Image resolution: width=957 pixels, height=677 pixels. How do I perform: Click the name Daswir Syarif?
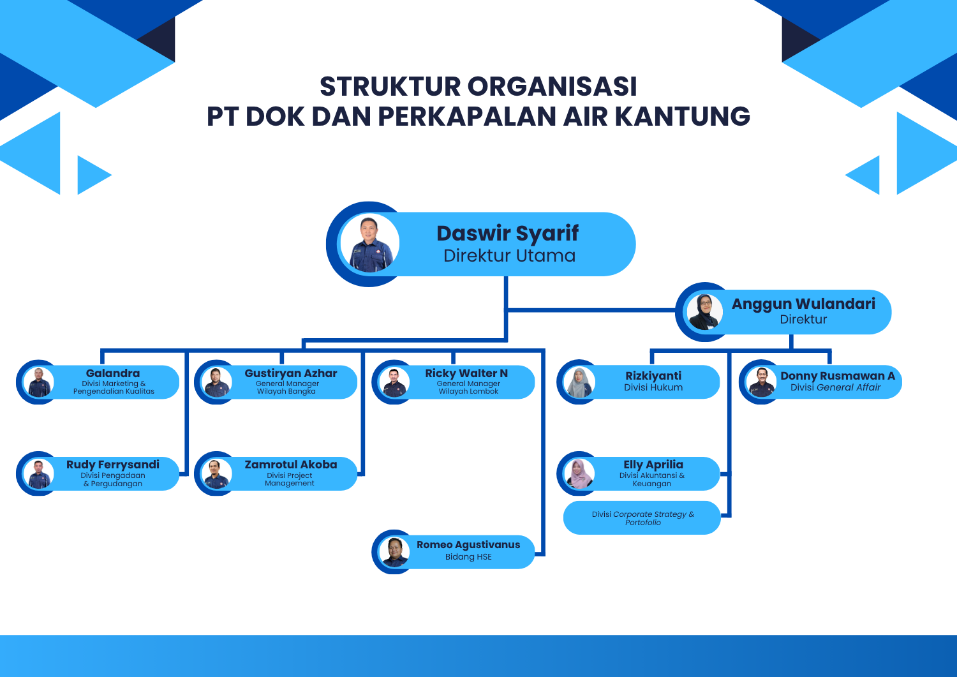(508, 234)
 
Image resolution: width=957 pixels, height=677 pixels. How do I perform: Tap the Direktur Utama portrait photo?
(370, 243)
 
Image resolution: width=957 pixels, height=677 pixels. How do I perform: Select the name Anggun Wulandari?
(803, 304)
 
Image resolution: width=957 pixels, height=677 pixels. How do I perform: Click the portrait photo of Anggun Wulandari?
(705, 312)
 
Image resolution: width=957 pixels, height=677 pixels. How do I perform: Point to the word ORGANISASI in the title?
(552, 86)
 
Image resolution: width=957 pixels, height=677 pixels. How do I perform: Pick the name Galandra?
(113, 373)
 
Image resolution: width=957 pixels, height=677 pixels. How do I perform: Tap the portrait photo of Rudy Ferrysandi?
(38, 473)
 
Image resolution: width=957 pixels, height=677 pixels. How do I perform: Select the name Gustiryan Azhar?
(291, 373)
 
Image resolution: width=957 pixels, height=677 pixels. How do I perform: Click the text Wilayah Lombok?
(468, 391)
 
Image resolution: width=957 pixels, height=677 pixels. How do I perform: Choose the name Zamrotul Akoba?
(291, 465)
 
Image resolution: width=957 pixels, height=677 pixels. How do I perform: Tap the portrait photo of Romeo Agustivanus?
(394, 552)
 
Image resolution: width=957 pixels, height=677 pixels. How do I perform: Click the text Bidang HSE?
(468, 557)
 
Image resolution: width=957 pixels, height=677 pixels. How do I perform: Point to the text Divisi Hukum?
(653, 387)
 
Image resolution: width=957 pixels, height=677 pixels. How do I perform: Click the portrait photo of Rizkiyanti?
(579, 382)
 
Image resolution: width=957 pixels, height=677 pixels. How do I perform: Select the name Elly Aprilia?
(653, 465)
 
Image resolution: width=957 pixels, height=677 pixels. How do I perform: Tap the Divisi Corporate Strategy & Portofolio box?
(642, 517)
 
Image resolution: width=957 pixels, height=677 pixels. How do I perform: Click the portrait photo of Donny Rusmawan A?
(761, 382)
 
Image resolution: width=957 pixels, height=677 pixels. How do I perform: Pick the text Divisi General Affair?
(835, 387)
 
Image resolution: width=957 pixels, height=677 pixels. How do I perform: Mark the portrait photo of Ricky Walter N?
(394, 382)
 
